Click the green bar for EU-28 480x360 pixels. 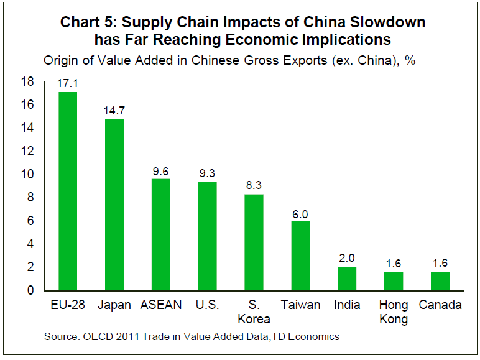[x=68, y=191]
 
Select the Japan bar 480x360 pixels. [x=114, y=205]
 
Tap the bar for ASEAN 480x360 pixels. [x=160, y=234]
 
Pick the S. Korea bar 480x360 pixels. [x=254, y=242]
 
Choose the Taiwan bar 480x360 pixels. [x=300, y=256]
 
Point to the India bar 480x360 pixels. [x=347, y=279]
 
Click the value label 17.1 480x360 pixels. [x=68, y=83]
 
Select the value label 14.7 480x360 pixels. [x=114, y=110]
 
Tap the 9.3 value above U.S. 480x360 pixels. [x=207, y=173]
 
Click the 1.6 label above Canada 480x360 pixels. [x=440, y=263]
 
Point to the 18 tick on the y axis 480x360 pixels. [x=27, y=81]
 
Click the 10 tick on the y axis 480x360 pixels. [x=27, y=174]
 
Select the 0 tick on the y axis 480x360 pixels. [x=30, y=290]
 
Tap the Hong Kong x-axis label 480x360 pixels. [x=394, y=312]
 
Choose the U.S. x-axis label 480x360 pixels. [x=207, y=305]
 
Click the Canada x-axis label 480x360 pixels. [x=440, y=305]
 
